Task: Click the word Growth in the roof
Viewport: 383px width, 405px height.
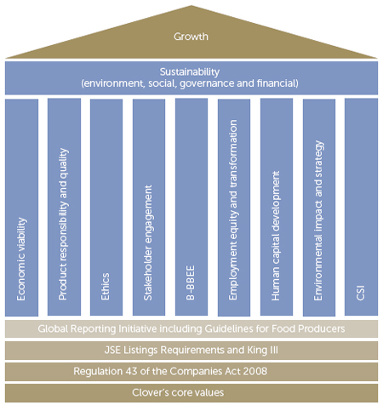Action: [x=191, y=37]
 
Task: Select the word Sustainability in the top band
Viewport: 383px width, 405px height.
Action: [x=190, y=72]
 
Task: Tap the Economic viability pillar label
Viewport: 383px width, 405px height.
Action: [x=21, y=259]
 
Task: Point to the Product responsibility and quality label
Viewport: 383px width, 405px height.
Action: [x=64, y=224]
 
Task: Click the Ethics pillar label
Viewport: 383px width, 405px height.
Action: [x=105, y=286]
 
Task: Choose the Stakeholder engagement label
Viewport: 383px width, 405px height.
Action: [x=148, y=242]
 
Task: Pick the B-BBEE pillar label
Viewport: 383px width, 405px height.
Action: [x=191, y=282]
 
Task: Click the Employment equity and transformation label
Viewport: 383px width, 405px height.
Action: [x=233, y=209]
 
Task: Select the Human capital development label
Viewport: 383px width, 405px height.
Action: [x=276, y=236]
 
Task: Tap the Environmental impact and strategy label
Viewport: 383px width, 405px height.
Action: [x=318, y=220]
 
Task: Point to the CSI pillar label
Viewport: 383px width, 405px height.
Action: [x=360, y=293]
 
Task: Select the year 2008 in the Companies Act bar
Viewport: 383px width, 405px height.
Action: [x=257, y=371]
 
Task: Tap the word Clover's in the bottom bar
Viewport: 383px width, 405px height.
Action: [x=151, y=392]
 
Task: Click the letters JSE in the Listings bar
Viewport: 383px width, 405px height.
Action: [x=111, y=350]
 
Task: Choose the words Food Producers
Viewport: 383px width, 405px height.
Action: [x=308, y=328]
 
